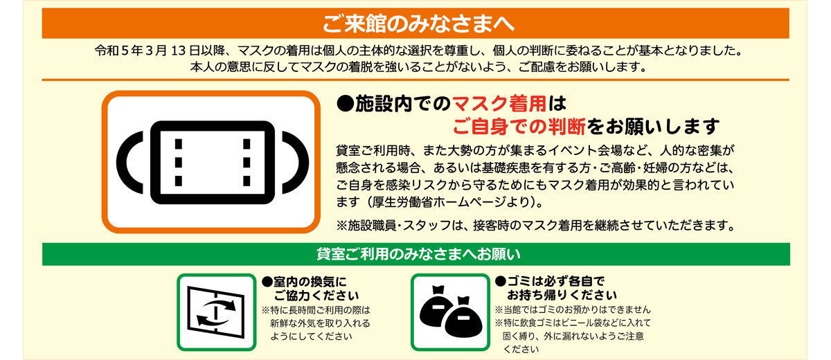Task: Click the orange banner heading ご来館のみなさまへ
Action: [418, 24]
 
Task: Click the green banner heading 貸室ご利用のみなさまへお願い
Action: [418, 254]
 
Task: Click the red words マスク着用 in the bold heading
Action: [499, 103]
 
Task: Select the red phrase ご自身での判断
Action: [519, 127]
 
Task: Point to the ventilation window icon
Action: [216, 312]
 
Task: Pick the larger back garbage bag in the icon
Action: [436, 307]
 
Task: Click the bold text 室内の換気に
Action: [310, 282]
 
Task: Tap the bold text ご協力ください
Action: [316, 296]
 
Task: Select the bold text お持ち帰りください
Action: [562, 295]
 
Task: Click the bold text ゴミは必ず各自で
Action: [555, 281]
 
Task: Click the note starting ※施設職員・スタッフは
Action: [535, 226]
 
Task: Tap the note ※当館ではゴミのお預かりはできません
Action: [573, 309]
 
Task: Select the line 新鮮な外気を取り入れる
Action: [320, 323]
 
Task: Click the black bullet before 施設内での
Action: [345, 104]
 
